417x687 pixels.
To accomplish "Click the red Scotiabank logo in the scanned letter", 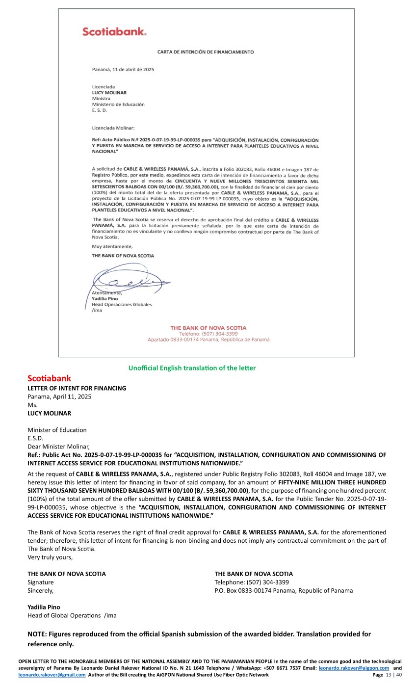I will pyautogui.click(x=114, y=32).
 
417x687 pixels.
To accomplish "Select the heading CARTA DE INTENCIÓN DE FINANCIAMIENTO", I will pyautogui.click(x=206, y=52).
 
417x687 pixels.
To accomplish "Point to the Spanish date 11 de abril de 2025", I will pyautogui.click(x=123, y=70).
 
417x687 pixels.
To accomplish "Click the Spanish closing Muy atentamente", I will pyautogui.click(x=112, y=246).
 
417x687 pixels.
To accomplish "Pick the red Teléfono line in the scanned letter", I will pyautogui.click(x=208, y=334).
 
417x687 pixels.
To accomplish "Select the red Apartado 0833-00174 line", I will pyautogui.click(x=208, y=340).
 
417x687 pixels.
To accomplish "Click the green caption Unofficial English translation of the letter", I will pyautogui.click(x=192, y=368).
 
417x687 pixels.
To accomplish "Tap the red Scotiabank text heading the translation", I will pyautogui.click(x=49, y=378).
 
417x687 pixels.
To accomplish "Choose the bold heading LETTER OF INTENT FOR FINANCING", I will pyautogui.click(x=77, y=388).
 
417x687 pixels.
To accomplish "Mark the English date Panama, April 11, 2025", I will pyautogui.click(x=59, y=396).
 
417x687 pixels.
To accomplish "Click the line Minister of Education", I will pyautogui.click(x=57, y=430).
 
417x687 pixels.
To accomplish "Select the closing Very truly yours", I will pyautogui.click(x=50, y=557).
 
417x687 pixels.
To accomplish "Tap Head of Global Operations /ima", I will pyautogui.click(x=72, y=615).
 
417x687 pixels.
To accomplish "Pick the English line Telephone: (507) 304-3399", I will pyautogui.click(x=252, y=582).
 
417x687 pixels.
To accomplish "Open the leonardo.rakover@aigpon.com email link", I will pyautogui.click(x=354, y=668).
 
